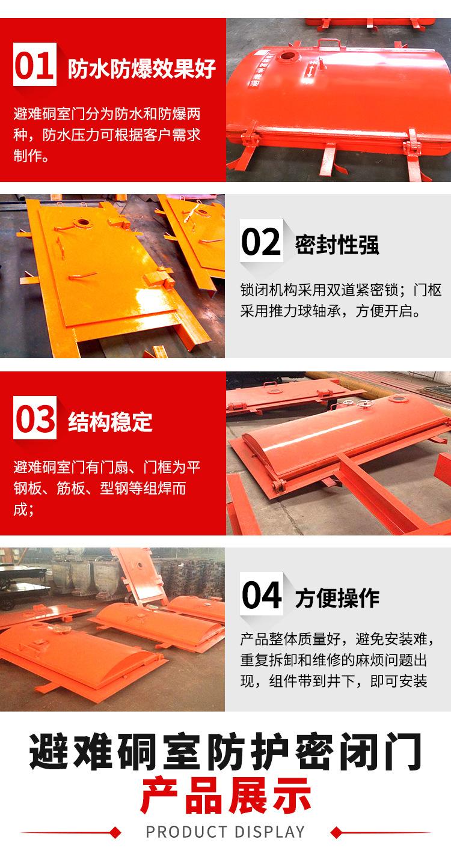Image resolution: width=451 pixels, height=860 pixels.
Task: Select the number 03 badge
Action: point(35,418)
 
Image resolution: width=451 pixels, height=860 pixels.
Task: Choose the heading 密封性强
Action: point(337,245)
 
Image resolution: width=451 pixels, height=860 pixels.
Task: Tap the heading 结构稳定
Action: point(110,422)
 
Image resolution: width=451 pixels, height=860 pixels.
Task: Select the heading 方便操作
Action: point(337,599)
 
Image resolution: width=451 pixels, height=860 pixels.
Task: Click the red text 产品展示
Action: point(226,795)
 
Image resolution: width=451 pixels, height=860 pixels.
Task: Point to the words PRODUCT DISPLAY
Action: point(226,832)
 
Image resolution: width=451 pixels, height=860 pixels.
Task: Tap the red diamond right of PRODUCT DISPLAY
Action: point(337,832)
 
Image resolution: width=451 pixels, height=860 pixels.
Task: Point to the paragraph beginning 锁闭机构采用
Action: point(341,301)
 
